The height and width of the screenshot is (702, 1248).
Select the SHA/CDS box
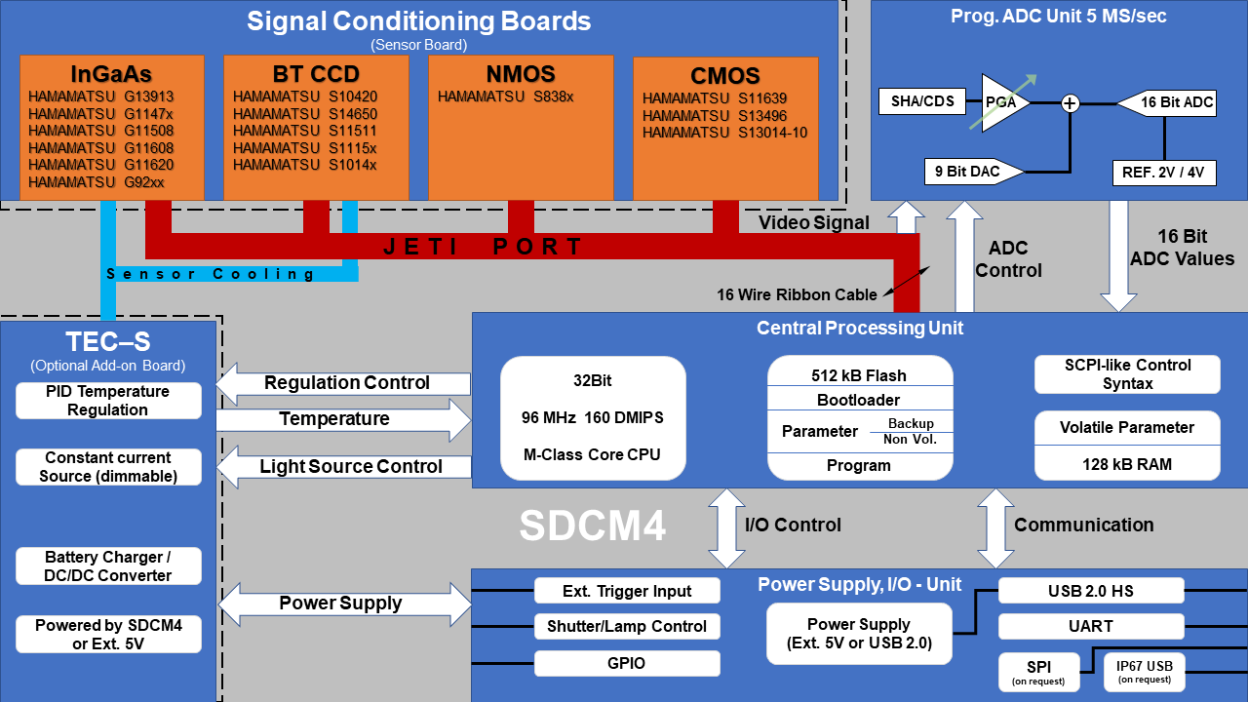tap(922, 101)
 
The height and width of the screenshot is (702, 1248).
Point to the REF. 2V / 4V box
tap(1163, 174)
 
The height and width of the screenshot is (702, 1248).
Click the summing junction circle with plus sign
tap(1071, 102)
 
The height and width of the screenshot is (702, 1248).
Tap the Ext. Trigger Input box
tap(627, 591)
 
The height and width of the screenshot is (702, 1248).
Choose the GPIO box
tap(627, 664)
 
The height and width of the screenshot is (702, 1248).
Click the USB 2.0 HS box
tap(1091, 591)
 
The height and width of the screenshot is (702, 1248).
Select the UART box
tap(1091, 626)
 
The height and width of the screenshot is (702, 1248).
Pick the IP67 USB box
tap(1145, 672)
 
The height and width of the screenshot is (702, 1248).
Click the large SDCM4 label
tap(593, 526)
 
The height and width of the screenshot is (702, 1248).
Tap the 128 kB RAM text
tap(1127, 464)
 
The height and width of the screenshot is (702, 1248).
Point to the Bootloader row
tap(858, 400)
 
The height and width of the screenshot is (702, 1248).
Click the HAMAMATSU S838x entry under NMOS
tap(505, 97)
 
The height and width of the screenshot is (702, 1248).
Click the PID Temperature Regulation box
tap(108, 401)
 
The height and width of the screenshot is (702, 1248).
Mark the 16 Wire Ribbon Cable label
tap(797, 294)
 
